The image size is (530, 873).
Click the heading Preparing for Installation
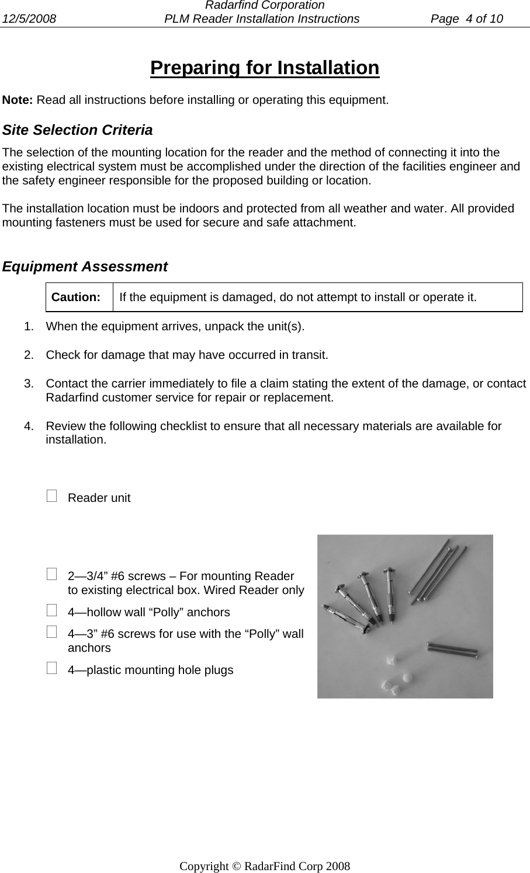[264, 68]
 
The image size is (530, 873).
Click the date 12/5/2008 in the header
[29, 19]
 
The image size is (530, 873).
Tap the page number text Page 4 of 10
[466, 19]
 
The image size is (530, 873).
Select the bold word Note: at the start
[18, 99]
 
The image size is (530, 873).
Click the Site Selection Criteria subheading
[78, 130]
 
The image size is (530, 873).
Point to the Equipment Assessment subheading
[85, 267]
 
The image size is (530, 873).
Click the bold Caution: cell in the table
[76, 297]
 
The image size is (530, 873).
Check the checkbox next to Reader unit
[53, 497]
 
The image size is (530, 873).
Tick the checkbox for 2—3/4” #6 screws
[53, 575]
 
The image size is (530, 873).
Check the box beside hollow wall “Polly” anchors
[53, 611]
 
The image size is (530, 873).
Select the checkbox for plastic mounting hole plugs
[53, 669]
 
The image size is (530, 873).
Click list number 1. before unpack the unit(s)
[29, 326]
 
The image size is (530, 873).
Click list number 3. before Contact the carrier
[29, 383]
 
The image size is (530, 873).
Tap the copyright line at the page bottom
[265, 866]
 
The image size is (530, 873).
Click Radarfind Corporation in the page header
[265, 6]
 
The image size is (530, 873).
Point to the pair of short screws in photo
[453, 648]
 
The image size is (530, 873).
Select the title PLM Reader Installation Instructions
[262, 19]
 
